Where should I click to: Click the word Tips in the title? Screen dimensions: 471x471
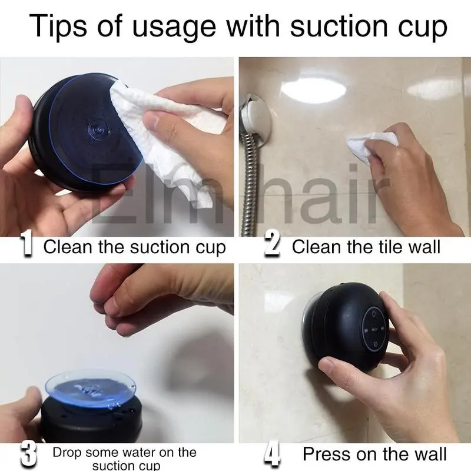tap(58, 26)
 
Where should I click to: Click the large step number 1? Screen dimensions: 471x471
tap(26, 246)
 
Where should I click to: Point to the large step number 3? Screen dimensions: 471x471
tap(28, 453)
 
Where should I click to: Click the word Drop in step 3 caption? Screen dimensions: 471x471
tap(67, 452)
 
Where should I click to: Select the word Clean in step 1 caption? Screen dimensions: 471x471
tap(68, 247)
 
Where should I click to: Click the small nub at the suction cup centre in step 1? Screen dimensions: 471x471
tap(97, 130)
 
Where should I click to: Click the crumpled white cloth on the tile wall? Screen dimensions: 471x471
tap(368, 145)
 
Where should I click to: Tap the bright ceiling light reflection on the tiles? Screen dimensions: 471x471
tap(313, 89)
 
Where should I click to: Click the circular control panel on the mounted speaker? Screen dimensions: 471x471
tap(373, 330)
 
